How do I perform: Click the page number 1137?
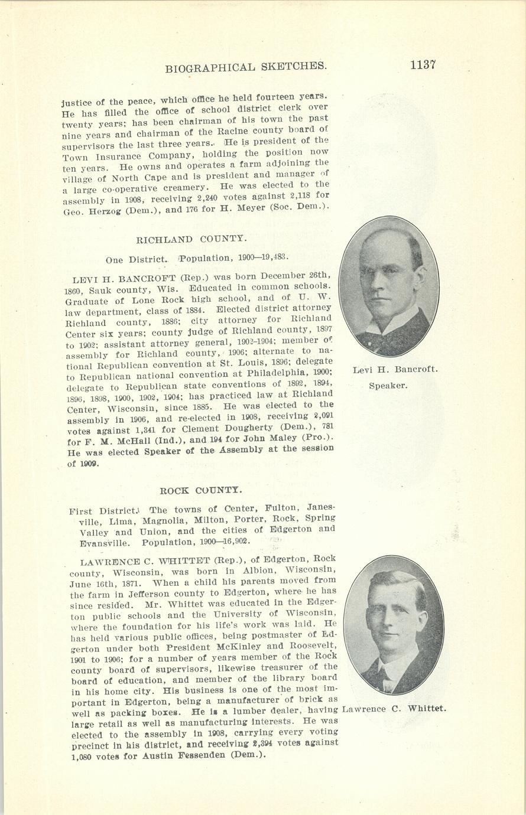[423, 64]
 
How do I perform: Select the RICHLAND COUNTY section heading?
[191, 239]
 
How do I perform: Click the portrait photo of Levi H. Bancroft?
[389, 287]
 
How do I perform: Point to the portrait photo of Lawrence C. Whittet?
[393, 625]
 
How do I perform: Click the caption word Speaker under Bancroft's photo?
[388, 386]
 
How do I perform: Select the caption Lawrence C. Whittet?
[394, 709]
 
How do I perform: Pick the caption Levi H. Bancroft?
[395, 370]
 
